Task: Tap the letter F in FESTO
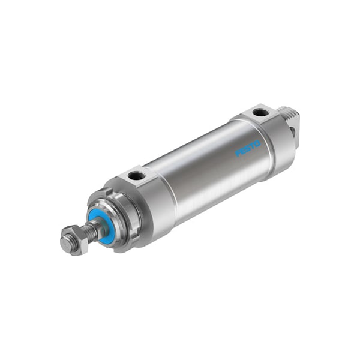pyautogui.click(x=238, y=154)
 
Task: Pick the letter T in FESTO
pyautogui.click(x=253, y=146)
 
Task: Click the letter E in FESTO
pyautogui.click(x=243, y=151)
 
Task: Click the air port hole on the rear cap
pyautogui.click(x=259, y=112)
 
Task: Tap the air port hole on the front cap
pyautogui.click(x=136, y=176)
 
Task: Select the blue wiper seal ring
pyautogui.click(x=100, y=223)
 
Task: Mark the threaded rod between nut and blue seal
pyautogui.click(x=88, y=231)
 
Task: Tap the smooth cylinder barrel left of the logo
pyautogui.click(x=198, y=174)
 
